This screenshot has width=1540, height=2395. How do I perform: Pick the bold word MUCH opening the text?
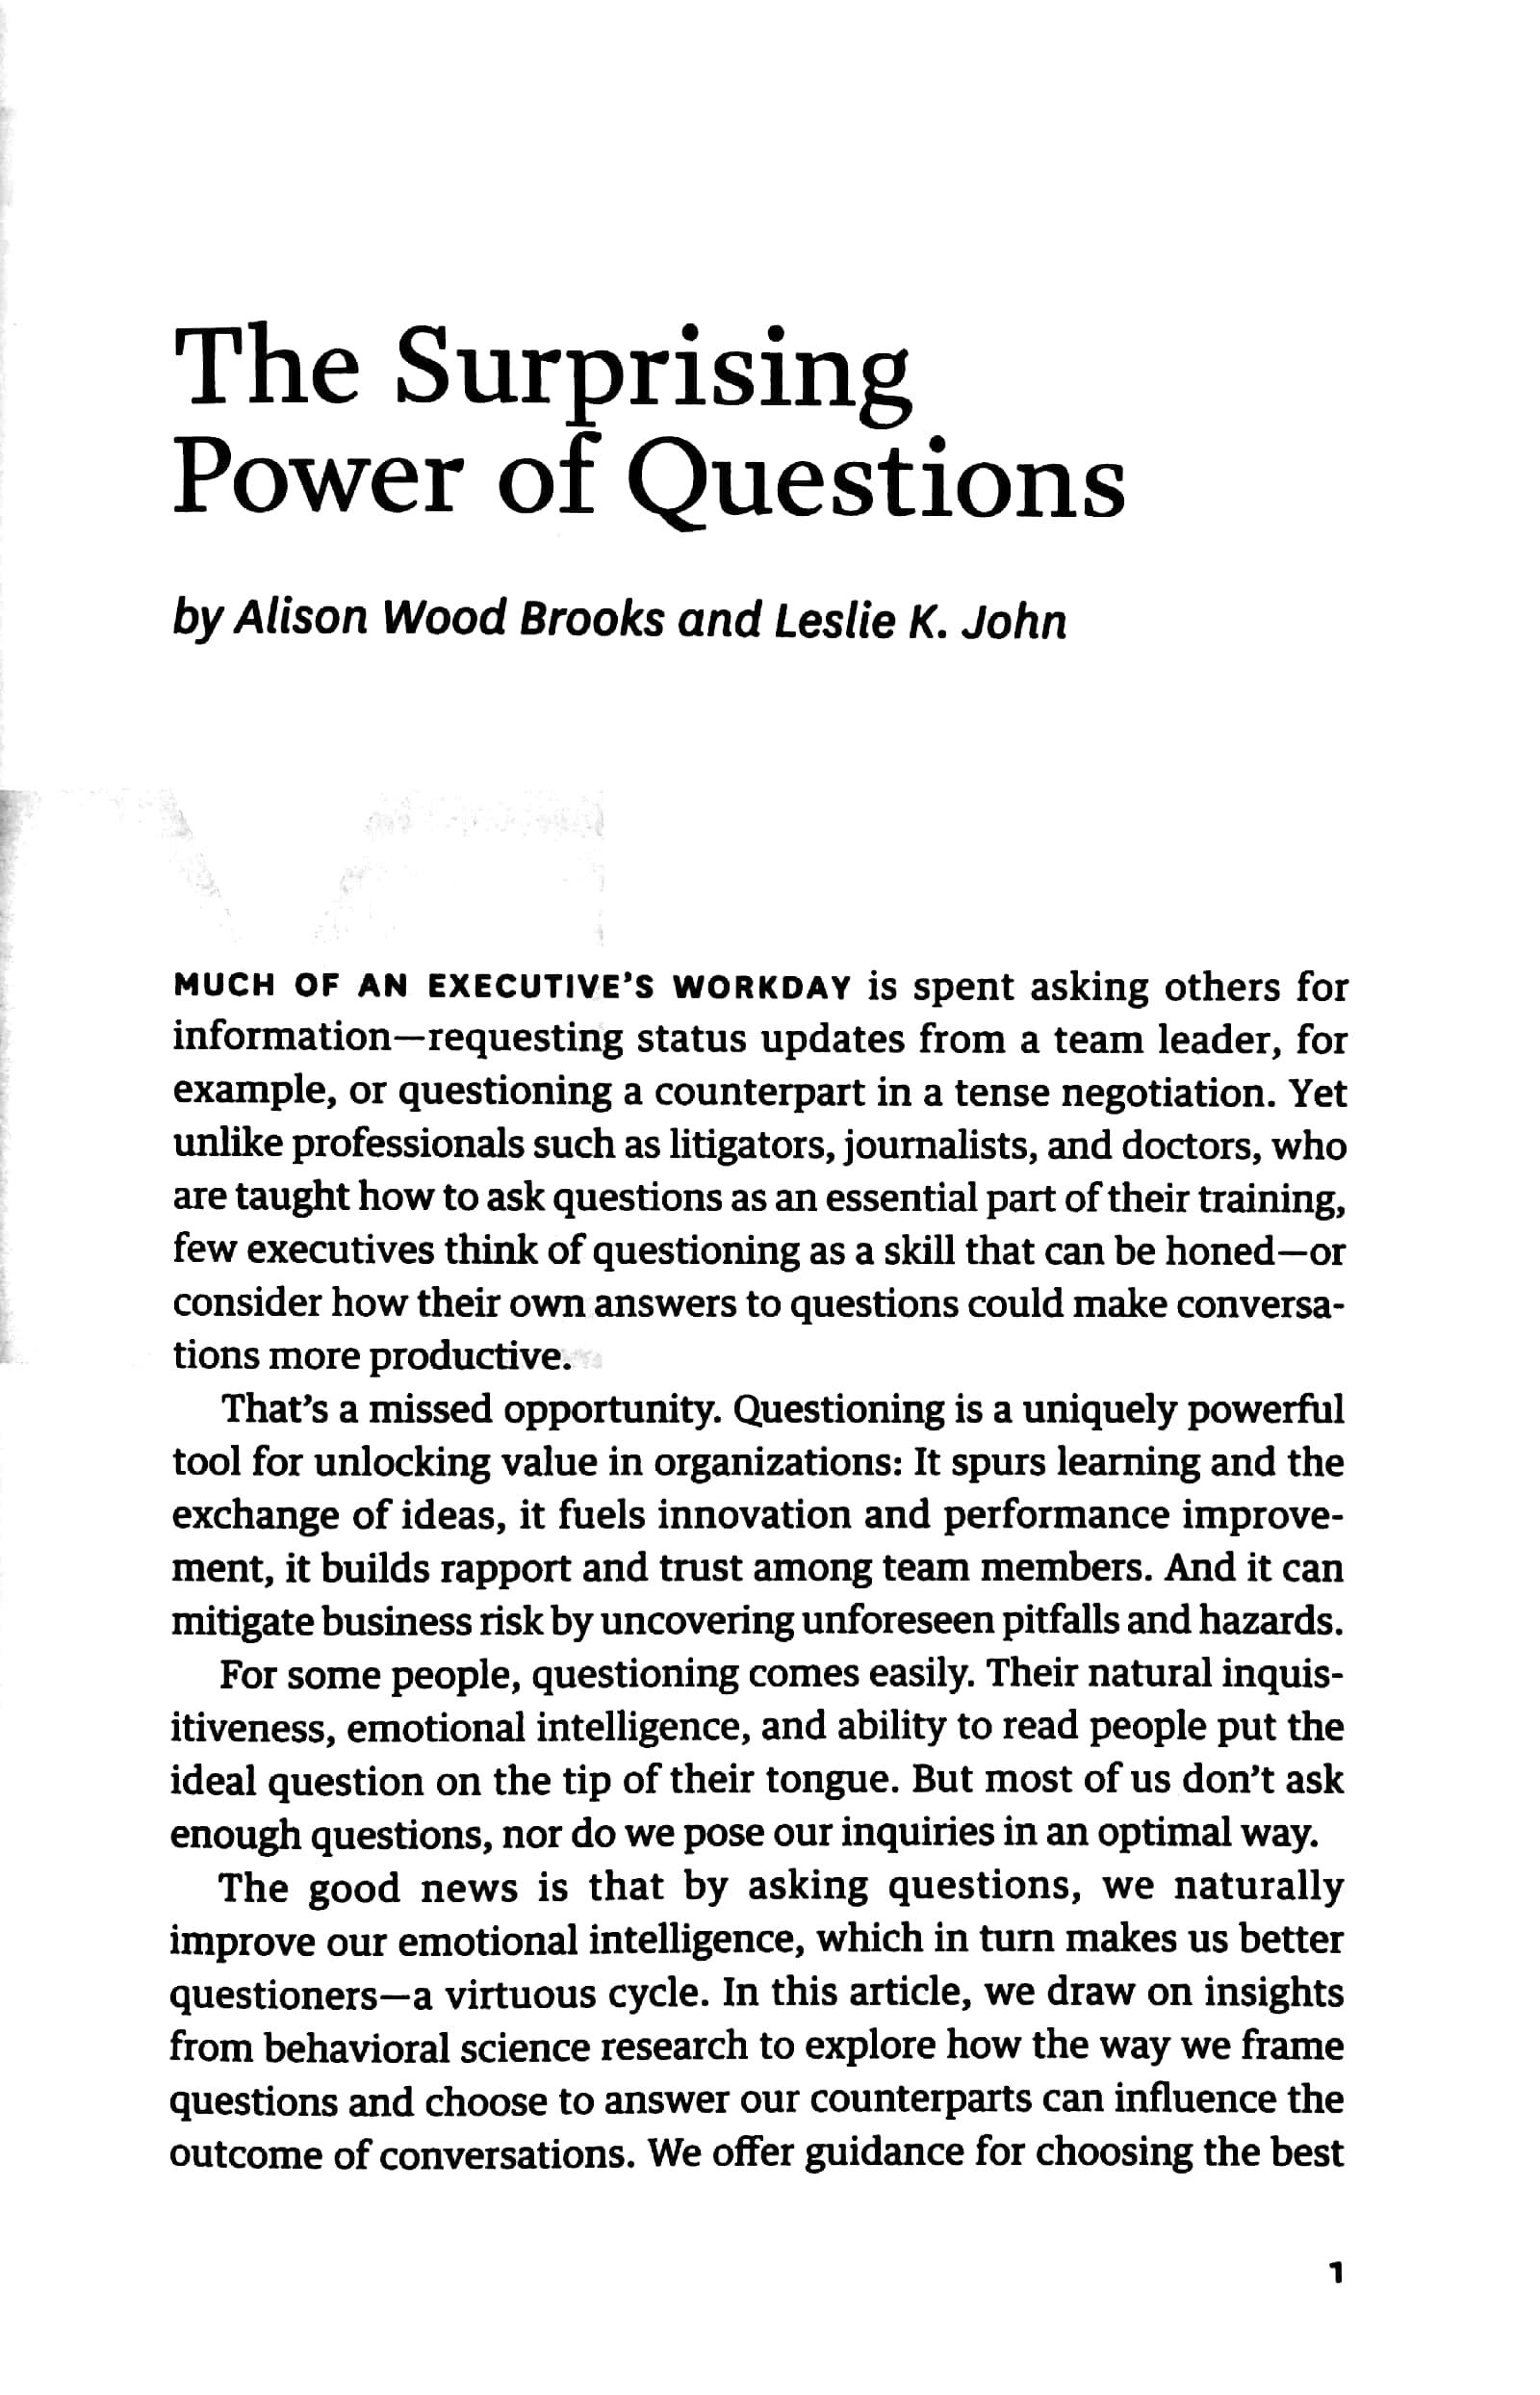click(x=222, y=987)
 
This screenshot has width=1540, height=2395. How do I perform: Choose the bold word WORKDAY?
click(x=762, y=987)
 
